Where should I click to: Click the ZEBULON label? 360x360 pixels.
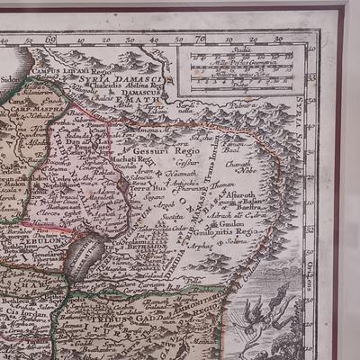[x=37, y=241]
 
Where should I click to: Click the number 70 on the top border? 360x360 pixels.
[x=200, y=39]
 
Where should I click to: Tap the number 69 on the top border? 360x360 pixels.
[x=50, y=39]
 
